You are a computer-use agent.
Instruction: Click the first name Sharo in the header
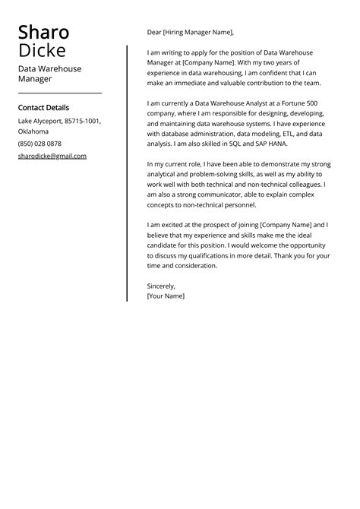pos(43,33)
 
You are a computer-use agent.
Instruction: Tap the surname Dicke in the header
pos(42,52)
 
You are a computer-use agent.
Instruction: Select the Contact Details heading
pos(43,108)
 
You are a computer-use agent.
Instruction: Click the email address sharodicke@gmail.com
pos(52,156)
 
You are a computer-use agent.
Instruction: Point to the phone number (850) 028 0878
pos(39,144)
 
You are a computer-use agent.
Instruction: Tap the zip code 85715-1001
pos(83,121)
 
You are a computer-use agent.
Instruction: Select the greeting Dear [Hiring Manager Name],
pos(191,32)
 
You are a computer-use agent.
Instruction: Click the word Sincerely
pos(161,286)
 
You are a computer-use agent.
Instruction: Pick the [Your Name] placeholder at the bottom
pos(166,296)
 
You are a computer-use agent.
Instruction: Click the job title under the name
pos(50,73)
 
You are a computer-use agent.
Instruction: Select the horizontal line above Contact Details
pos(60,93)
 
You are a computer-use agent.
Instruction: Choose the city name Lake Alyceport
pos(40,121)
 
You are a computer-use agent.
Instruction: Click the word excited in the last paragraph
pos(176,225)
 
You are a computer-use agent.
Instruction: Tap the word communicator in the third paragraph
pos(221,194)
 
